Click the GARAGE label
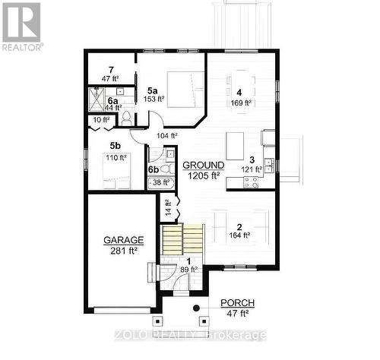pyautogui.click(x=123, y=239)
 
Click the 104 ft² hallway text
pyautogui.click(x=166, y=136)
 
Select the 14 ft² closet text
pyautogui.click(x=169, y=206)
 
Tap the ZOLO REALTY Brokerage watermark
pyautogui.click(x=190, y=335)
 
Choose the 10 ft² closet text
pyautogui.click(x=101, y=119)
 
